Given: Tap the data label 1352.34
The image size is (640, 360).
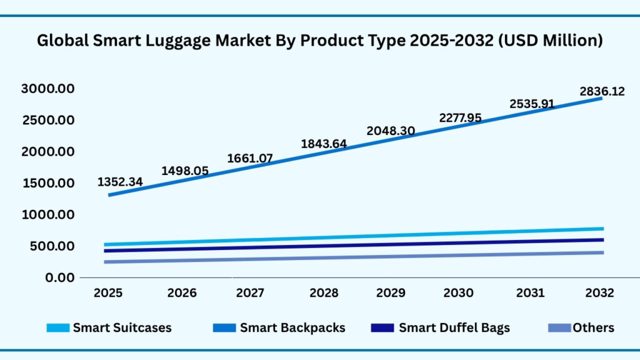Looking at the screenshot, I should point(120,182).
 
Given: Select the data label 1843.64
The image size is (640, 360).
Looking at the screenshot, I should point(324,144).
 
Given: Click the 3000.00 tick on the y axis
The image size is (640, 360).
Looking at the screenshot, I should point(48,89).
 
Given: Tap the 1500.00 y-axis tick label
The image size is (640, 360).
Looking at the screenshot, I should point(48,183).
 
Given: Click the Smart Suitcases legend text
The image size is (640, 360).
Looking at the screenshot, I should point(122,327).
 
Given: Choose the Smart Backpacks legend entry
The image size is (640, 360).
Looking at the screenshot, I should point(292,327).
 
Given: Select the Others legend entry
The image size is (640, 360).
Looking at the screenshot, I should point(593,327).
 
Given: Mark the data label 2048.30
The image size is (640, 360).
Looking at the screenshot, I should point(391,131).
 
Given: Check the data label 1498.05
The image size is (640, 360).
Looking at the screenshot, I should point(185,171).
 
